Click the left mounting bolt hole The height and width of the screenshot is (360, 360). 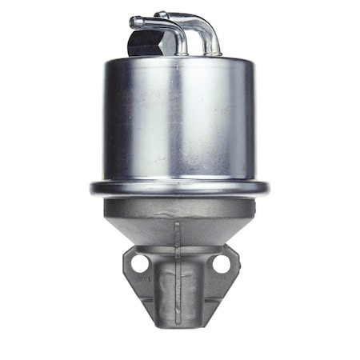tap(140, 262)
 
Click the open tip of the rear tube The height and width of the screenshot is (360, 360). tap(159, 14)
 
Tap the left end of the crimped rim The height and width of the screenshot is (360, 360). tap(92, 190)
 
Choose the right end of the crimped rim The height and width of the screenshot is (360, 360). tap(266, 190)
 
